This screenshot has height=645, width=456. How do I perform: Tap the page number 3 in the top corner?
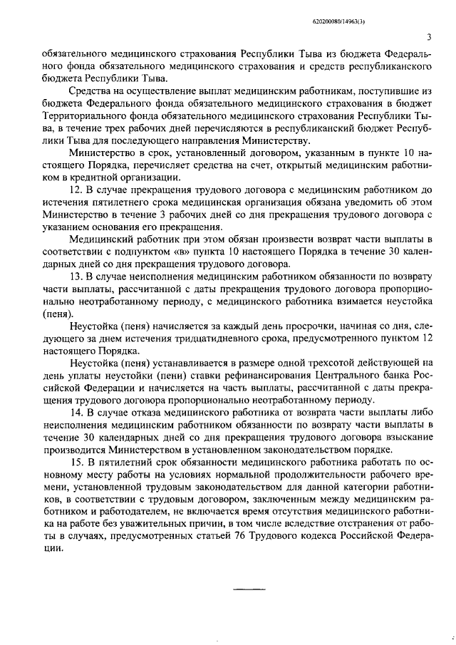pos(427,38)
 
